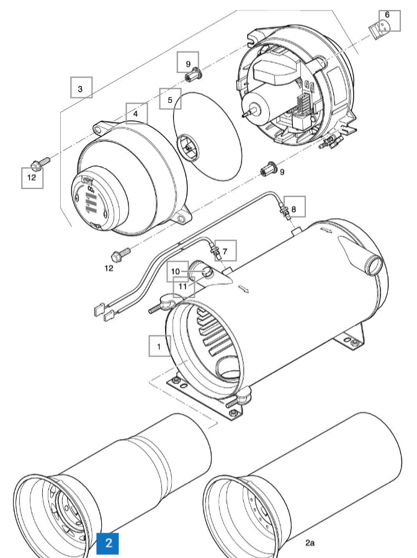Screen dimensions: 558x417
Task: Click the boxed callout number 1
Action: (x=159, y=345)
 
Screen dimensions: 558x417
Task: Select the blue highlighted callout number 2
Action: (x=109, y=543)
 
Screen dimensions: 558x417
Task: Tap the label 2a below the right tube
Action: (x=310, y=542)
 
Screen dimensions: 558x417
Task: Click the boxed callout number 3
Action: (x=81, y=88)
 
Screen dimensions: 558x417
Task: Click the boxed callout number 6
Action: (x=225, y=252)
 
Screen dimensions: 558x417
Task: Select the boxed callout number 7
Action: (x=294, y=209)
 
